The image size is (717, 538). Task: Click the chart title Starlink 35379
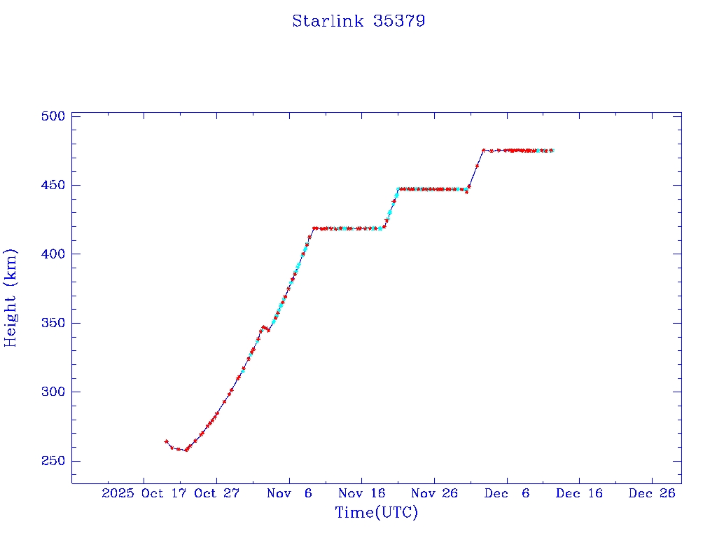click(x=358, y=21)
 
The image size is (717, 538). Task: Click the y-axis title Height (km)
click(x=11, y=298)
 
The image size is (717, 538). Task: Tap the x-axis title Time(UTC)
click(x=376, y=513)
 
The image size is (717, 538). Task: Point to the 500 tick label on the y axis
click(x=53, y=116)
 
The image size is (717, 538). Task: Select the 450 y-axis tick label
click(x=53, y=185)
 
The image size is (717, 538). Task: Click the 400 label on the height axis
click(x=53, y=254)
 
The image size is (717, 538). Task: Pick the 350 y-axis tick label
click(x=53, y=323)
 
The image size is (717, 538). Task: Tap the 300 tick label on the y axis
click(x=53, y=392)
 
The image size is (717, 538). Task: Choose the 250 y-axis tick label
click(x=53, y=461)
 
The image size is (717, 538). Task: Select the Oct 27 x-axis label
click(x=216, y=493)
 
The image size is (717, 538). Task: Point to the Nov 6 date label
click(x=289, y=493)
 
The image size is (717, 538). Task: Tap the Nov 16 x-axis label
click(x=361, y=493)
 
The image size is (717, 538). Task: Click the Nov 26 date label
click(x=434, y=493)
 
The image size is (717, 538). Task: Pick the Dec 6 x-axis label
click(x=507, y=493)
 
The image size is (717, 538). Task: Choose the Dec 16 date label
click(x=579, y=493)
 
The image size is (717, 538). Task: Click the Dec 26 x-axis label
click(x=652, y=493)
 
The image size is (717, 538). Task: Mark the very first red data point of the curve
click(x=166, y=441)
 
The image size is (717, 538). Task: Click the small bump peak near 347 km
click(x=263, y=326)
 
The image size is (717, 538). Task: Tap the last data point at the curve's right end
click(x=552, y=151)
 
